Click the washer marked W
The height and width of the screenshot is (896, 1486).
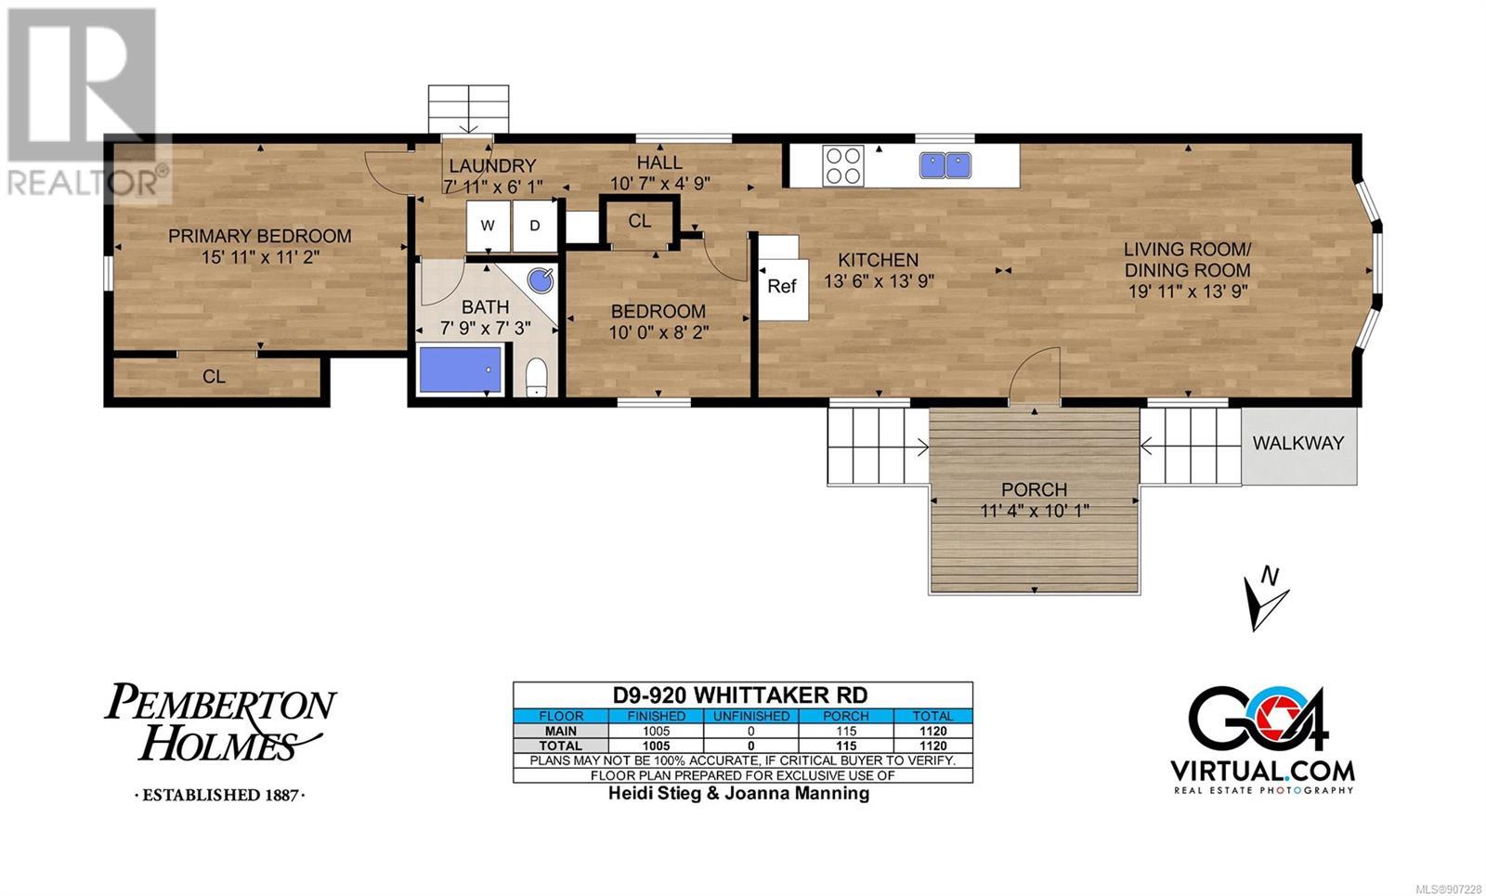coord(489,226)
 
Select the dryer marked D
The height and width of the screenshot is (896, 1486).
coord(535,226)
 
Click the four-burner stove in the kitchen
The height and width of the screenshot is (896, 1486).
coord(843,165)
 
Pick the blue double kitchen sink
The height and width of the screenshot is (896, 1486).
coord(945,165)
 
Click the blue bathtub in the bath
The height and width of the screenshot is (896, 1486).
coord(461,370)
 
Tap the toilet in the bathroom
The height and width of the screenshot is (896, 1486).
coord(536,377)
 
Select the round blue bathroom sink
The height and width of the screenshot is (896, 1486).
coord(541,280)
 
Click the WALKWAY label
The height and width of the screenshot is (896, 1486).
coord(1298,443)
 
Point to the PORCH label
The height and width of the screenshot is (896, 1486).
coord(1035,489)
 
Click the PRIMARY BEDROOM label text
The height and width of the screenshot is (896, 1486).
coord(259,236)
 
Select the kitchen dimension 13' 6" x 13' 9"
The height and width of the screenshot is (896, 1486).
coord(879,281)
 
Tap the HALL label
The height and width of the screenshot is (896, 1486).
coord(659,162)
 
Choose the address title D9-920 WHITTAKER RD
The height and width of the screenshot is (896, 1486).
coord(740,695)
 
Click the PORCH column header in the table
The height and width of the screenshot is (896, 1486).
coord(846,716)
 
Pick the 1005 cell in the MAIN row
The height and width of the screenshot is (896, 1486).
coord(656,731)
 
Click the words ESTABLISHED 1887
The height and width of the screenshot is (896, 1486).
coord(220,795)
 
